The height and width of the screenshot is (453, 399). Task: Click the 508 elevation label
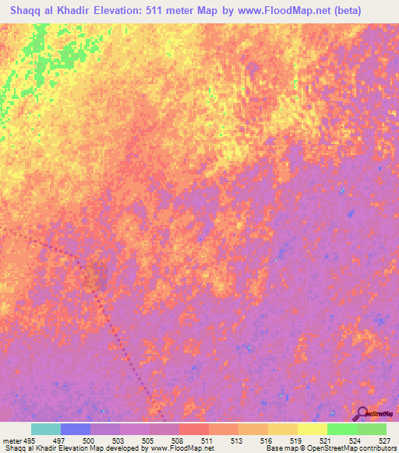(x=178, y=441)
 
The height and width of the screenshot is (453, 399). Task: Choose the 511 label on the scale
(x=208, y=441)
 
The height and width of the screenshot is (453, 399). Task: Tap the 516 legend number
(x=267, y=441)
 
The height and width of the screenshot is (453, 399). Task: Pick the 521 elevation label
(x=326, y=441)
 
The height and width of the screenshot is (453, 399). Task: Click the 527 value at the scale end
(x=383, y=441)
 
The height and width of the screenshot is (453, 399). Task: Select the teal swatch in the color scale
(x=46, y=429)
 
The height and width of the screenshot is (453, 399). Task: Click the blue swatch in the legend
(x=76, y=429)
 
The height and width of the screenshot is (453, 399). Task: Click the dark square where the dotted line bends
(x=95, y=279)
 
